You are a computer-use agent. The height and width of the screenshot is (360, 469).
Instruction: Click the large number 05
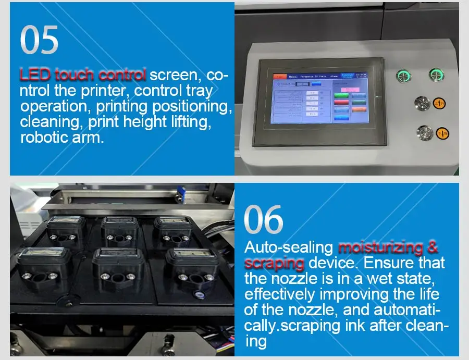(x=39, y=40)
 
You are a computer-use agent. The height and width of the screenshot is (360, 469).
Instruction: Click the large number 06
(x=264, y=219)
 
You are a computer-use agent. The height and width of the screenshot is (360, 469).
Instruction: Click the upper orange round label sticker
(x=439, y=104)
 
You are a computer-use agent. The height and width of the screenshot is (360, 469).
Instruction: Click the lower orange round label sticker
(x=443, y=133)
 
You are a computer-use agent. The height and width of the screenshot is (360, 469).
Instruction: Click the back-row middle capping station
(x=119, y=229)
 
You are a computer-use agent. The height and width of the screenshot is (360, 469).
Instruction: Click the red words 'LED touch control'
(x=82, y=75)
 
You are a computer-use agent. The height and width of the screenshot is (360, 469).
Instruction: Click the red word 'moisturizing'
(x=388, y=247)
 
